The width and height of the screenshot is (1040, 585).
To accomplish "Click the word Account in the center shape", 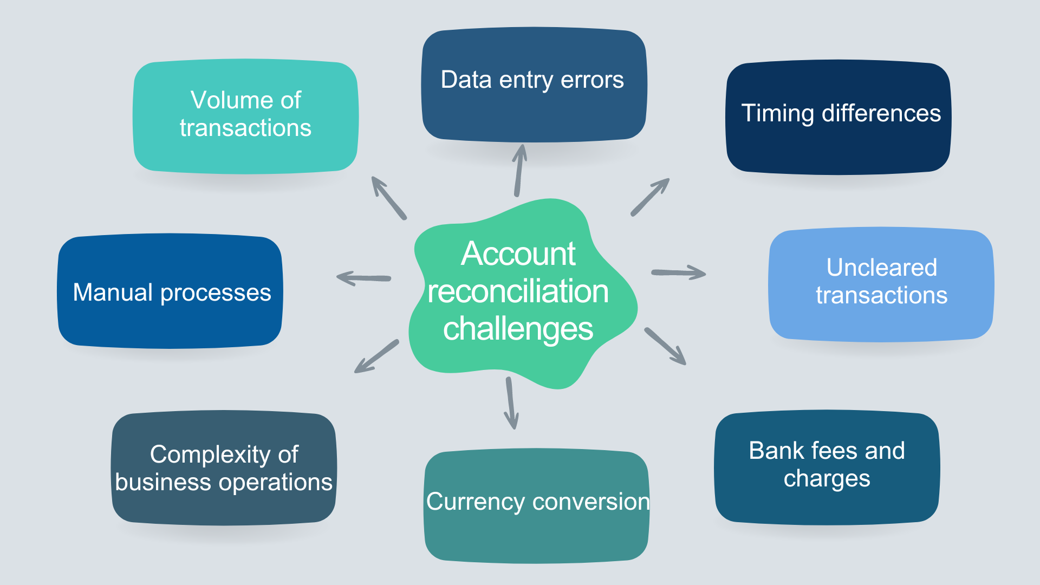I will click(x=518, y=253).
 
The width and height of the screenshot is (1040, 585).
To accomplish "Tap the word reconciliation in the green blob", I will click(x=518, y=291).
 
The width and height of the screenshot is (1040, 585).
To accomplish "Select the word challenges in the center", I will click(x=518, y=329).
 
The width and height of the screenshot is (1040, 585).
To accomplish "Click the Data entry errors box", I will click(x=534, y=85).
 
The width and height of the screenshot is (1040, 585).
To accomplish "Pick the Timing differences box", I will click(x=838, y=117).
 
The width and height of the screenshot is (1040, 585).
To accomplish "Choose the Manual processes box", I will click(x=170, y=291).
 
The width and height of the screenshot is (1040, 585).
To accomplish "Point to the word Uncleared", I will click(x=881, y=268).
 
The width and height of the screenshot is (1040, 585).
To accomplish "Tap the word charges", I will click(x=827, y=479).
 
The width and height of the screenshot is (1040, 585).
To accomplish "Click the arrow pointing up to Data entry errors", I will click(x=519, y=171).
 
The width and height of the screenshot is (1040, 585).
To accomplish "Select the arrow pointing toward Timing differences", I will click(x=650, y=197).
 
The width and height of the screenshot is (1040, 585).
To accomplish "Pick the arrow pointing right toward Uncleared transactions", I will click(x=678, y=272).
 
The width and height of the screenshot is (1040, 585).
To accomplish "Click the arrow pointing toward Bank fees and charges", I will click(x=665, y=346).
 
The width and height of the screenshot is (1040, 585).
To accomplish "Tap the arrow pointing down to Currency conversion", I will click(x=510, y=403).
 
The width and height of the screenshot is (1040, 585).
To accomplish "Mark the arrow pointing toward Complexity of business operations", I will click(x=376, y=356).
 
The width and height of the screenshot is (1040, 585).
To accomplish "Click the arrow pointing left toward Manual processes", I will click(x=363, y=278).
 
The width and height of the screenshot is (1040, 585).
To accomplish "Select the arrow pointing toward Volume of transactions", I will click(x=388, y=198).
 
